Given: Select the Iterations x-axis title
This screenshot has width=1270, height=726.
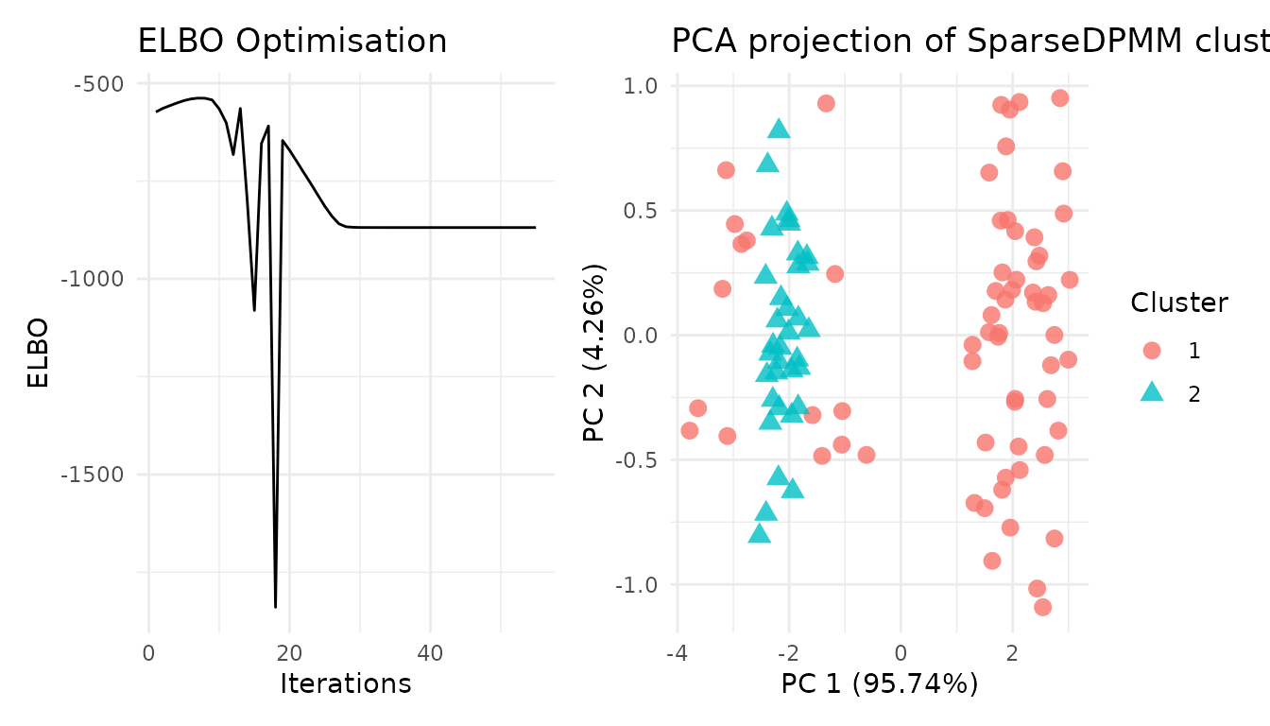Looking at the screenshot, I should (x=345, y=683).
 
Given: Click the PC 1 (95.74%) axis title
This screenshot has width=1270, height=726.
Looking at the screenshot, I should (x=879, y=683).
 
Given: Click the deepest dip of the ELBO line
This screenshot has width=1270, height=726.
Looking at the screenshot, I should (x=275, y=606).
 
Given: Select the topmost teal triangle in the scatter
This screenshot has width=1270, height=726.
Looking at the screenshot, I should (x=779, y=130).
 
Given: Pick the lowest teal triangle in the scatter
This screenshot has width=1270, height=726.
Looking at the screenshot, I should (x=759, y=534).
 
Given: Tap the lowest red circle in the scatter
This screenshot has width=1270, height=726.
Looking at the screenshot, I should (x=1042, y=607).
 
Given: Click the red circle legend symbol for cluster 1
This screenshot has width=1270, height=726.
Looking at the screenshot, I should (x=1151, y=351).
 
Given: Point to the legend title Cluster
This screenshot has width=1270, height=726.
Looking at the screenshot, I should (x=1179, y=302).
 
